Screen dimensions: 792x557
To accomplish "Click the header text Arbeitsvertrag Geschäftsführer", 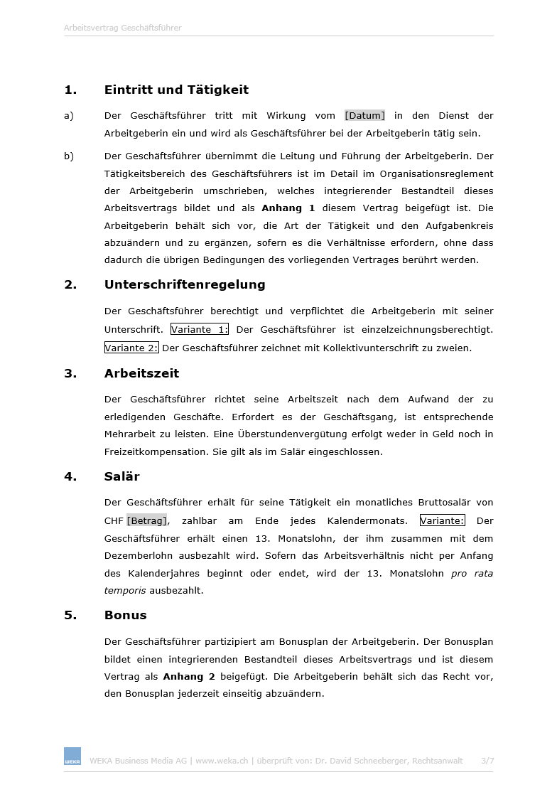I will (x=123, y=28).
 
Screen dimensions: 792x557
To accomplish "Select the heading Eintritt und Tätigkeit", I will (x=176, y=90).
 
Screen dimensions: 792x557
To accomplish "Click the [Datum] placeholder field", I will (x=364, y=116).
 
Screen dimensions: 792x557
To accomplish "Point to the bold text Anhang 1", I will (x=288, y=208).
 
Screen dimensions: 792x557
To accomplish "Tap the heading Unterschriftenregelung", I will (x=185, y=284).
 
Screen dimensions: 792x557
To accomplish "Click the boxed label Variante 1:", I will (x=200, y=330).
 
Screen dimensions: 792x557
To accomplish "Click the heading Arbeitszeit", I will (x=141, y=373).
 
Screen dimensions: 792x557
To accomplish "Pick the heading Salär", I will (x=122, y=476).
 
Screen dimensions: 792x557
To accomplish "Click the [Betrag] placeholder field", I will (x=146, y=521).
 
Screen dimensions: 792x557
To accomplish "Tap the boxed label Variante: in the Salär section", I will (x=442, y=521).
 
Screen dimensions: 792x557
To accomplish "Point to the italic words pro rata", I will (x=472, y=573).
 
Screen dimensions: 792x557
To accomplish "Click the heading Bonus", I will (x=126, y=615).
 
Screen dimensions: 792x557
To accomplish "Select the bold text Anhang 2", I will (x=189, y=677).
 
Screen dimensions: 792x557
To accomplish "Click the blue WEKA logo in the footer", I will (x=72, y=756).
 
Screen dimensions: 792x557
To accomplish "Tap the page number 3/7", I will (x=487, y=761).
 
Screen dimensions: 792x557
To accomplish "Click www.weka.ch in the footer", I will (x=222, y=761).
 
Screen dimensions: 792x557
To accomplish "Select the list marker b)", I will (x=69, y=156).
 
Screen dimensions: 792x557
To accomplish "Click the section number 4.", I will (x=70, y=476).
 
